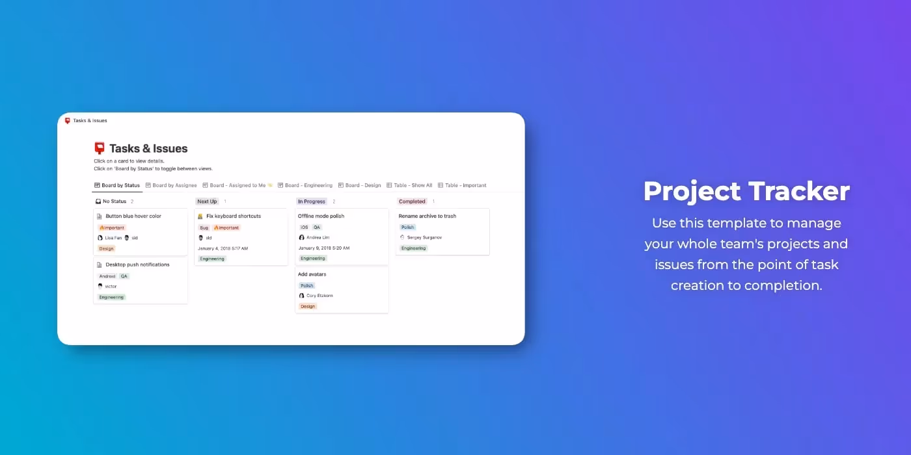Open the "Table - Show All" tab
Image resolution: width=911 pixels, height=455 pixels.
tap(413, 185)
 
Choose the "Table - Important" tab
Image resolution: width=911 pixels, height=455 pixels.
tap(465, 185)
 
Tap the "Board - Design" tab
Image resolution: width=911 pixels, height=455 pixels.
tap(363, 185)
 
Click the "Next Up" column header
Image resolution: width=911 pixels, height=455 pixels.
tap(207, 201)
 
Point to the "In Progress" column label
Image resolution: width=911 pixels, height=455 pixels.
tap(311, 201)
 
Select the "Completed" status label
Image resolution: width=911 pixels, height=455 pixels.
tap(412, 201)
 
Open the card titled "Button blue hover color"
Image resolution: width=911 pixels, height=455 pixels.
tap(133, 216)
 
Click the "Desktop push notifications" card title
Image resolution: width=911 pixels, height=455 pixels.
tap(137, 265)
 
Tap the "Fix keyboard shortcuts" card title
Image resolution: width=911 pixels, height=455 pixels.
tap(234, 216)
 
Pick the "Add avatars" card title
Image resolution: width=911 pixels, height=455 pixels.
tap(312, 274)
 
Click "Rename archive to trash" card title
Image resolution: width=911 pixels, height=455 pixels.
tap(428, 216)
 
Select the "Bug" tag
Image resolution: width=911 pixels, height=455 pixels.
tap(204, 227)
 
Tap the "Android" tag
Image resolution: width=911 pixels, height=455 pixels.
tap(107, 276)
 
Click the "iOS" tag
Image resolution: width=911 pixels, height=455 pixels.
tap(304, 227)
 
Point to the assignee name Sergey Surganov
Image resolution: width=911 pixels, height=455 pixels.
tap(424, 238)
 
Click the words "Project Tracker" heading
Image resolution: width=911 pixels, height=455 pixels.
tap(746, 191)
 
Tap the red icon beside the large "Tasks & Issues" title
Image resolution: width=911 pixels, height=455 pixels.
tap(100, 148)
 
